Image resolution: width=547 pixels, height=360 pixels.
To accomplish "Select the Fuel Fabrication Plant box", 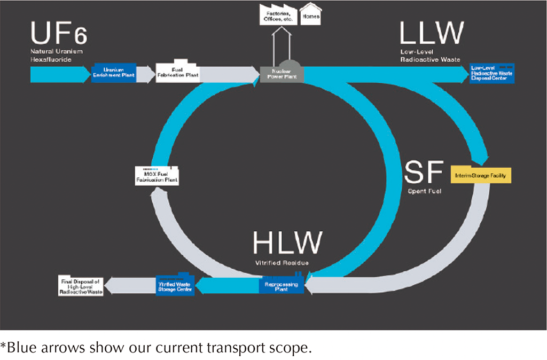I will click(178, 73).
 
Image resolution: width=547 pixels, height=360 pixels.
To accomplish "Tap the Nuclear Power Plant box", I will click(282, 74).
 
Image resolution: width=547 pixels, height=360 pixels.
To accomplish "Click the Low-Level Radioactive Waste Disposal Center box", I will click(491, 73).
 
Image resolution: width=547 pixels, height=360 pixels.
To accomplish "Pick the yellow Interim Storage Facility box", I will click(481, 175).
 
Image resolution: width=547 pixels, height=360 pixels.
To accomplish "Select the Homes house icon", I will click(311, 14).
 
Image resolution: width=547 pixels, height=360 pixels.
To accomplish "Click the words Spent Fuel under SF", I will click(425, 191).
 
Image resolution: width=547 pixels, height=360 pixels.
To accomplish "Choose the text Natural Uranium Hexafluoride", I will click(53, 56).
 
